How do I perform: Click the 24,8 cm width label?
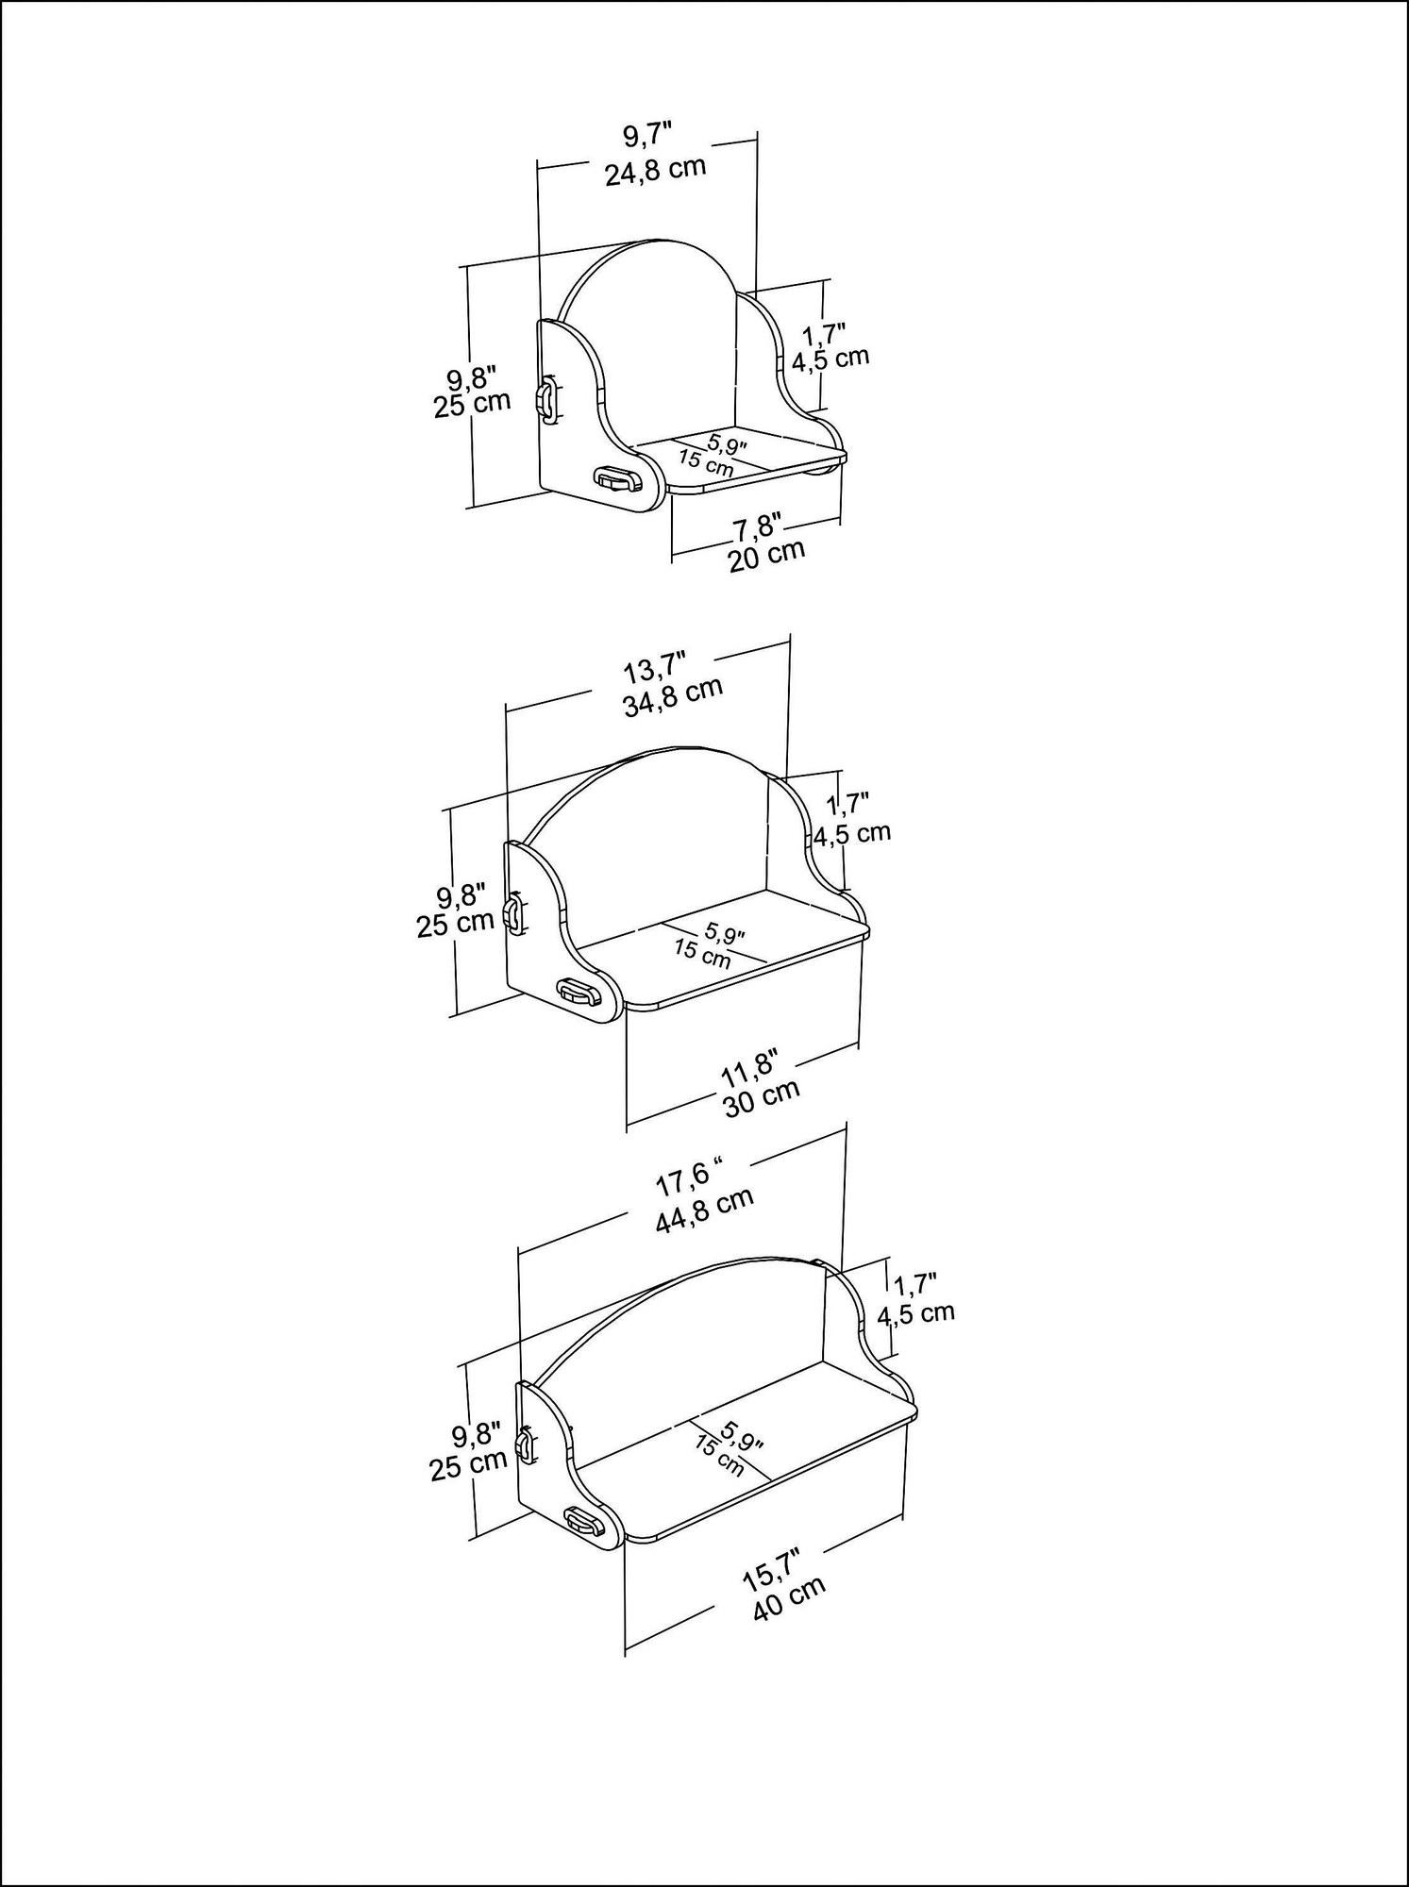point(655,172)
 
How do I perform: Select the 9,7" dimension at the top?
point(646,136)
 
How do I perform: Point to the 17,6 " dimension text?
point(688,1179)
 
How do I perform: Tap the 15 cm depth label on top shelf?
point(704,463)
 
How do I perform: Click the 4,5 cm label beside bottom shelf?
point(915,1313)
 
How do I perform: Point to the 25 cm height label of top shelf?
point(472,403)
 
